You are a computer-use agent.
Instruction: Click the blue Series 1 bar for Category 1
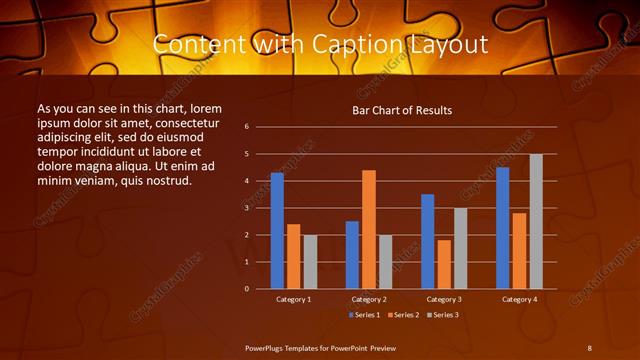click(277, 230)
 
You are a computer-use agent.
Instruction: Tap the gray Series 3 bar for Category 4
click(536, 221)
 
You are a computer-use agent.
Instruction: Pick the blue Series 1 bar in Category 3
click(428, 241)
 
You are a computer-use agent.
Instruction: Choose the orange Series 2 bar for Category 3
click(444, 264)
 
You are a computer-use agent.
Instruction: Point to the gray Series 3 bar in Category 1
click(310, 262)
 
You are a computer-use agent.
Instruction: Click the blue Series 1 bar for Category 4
click(503, 227)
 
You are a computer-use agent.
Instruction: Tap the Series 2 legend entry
click(403, 315)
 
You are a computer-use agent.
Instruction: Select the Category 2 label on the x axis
click(369, 299)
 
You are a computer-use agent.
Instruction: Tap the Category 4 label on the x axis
click(519, 299)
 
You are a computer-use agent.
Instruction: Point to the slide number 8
click(589, 347)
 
